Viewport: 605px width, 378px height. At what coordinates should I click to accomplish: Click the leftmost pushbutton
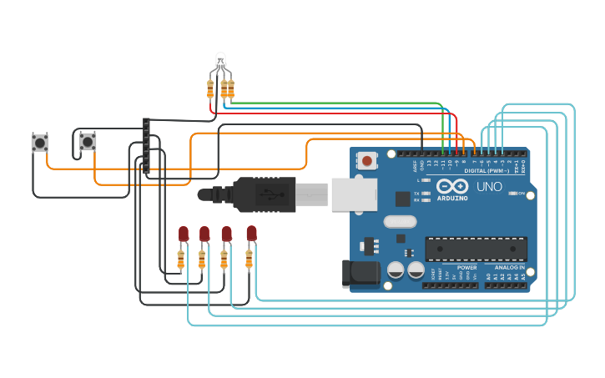39,143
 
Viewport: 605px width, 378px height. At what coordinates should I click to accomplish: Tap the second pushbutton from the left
88,143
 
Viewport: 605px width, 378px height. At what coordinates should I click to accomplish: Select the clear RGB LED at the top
220,62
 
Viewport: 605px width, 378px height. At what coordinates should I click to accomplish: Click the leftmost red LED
184,234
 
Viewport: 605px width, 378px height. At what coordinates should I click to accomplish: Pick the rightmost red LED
251,233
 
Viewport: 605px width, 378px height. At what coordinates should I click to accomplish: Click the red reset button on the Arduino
366,159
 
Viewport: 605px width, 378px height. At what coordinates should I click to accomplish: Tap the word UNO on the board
489,187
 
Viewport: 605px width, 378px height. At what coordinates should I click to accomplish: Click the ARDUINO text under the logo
453,198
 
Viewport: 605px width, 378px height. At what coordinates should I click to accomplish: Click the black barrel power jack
361,274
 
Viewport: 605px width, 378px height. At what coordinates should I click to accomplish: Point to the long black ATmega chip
476,248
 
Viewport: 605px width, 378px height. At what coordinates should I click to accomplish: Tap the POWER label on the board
467,267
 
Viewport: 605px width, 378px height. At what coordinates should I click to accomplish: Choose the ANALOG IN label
509,267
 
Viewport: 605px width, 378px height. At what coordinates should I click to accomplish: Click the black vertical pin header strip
147,145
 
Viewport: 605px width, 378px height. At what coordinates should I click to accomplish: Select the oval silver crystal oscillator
400,222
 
